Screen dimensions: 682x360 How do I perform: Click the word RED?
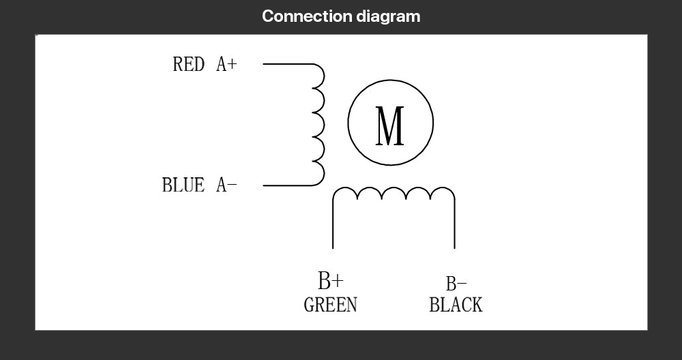[x=188, y=64]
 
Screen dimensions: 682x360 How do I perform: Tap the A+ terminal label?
[x=226, y=64]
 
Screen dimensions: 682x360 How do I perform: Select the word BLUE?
[x=183, y=185]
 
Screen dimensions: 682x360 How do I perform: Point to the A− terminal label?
[x=226, y=185]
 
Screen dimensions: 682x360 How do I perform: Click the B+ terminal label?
[x=331, y=280]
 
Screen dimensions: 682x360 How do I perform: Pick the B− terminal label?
[x=456, y=284]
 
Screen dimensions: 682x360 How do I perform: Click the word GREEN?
[x=331, y=304]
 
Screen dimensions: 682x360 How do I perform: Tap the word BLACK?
[x=456, y=304]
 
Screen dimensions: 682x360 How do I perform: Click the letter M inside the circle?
[x=389, y=125]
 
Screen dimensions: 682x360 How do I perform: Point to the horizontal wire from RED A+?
[x=288, y=64]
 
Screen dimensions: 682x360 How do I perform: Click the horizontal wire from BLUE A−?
[x=288, y=185]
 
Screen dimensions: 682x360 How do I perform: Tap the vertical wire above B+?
[x=333, y=224]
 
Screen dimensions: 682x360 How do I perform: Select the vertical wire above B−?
[x=454, y=224]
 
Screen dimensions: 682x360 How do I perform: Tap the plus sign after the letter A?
[x=233, y=64]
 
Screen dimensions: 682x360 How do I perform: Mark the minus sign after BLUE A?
[x=233, y=185]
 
